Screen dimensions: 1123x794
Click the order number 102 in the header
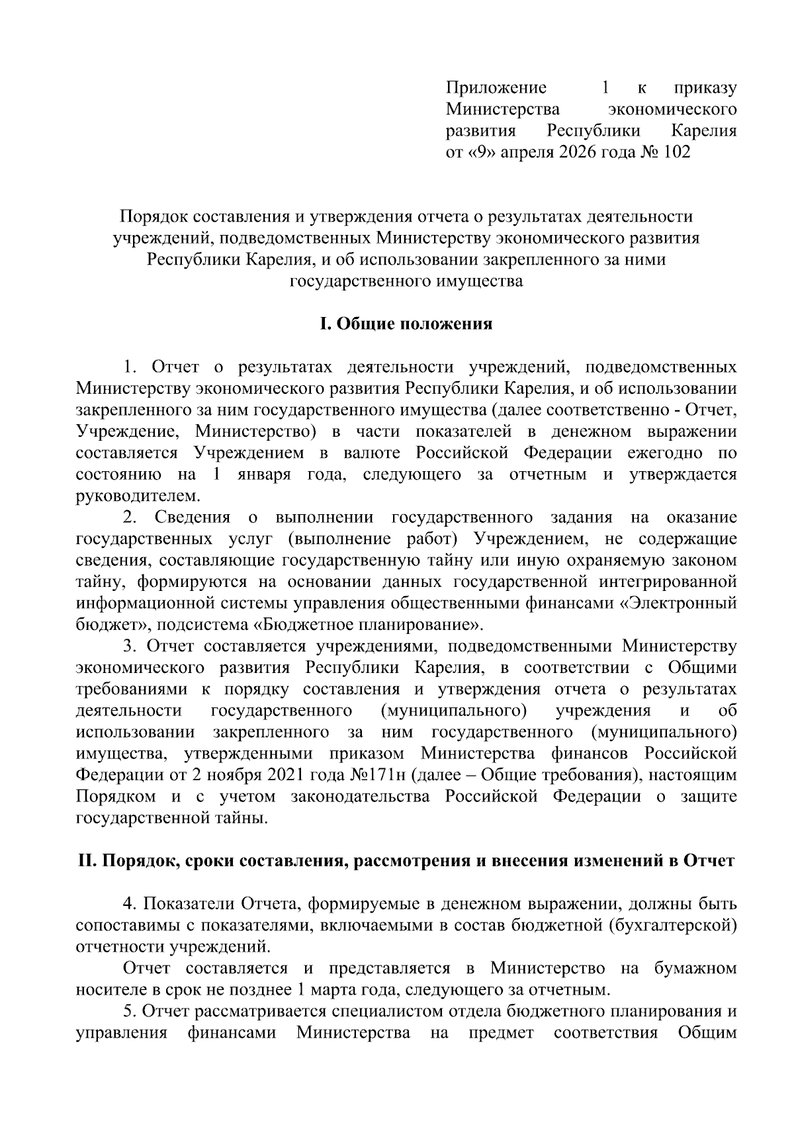[675, 152]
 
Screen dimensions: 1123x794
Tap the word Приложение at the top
[496, 87]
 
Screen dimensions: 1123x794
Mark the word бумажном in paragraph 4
[695, 969]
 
